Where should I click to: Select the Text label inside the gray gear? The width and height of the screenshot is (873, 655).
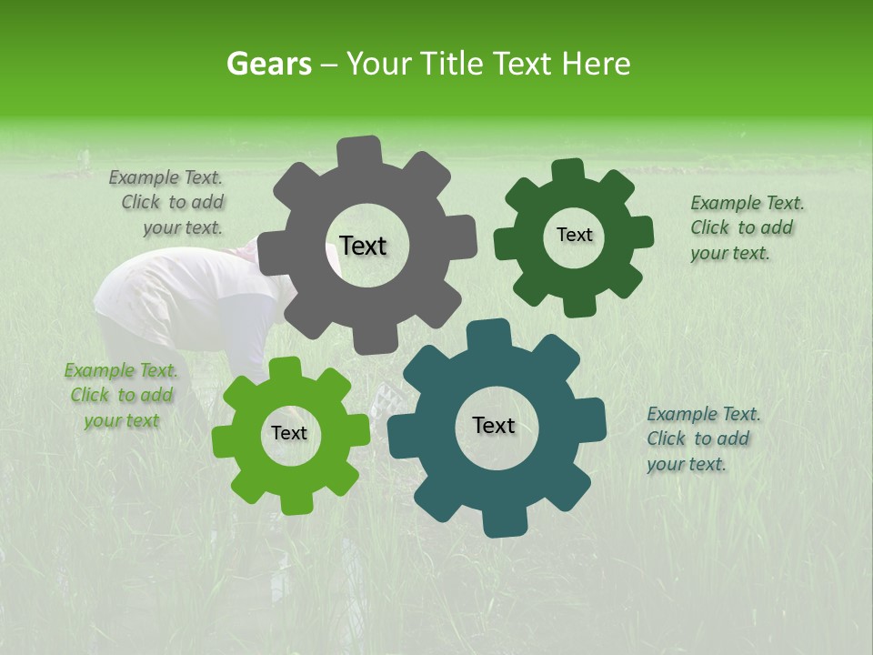click(x=363, y=246)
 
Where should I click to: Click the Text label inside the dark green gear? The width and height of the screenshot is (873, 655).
click(x=574, y=235)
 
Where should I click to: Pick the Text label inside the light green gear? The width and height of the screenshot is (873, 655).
click(x=289, y=433)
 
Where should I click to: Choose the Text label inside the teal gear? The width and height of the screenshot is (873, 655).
click(x=494, y=425)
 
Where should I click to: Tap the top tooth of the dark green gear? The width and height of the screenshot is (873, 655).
click(x=568, y=172)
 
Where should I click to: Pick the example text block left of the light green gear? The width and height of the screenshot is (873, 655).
click(x=121, y=396)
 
